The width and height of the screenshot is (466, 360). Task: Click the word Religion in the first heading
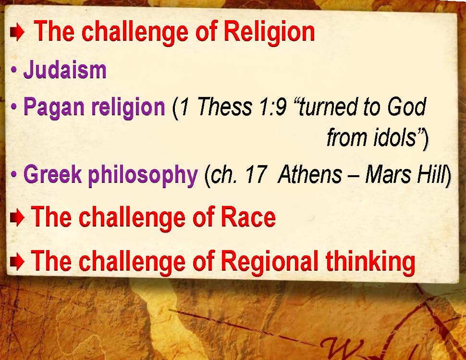click(x=269, y=32)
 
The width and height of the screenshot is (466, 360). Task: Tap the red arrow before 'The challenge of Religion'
click(x=17, y=33)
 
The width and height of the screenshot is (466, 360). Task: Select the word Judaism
click(x=65, y=70)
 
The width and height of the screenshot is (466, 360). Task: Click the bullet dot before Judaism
click(x=13, y=71)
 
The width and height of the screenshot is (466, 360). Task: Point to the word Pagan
click(x=54, y=108)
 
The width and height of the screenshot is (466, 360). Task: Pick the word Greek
click(x=52, y=174)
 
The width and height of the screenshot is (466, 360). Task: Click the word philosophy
click(x=143, y=175)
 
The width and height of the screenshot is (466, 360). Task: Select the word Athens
click(x=310, y=174)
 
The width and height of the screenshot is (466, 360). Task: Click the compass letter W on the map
click(x=342, y=348)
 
